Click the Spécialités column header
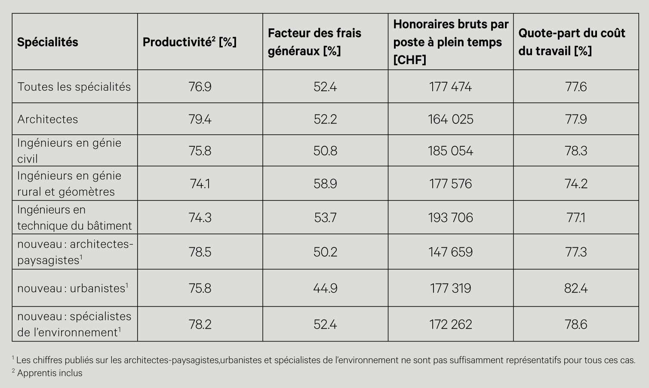[48, 42]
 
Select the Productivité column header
[190, 42]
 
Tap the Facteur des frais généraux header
[314, 42]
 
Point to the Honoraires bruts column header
[450, 42]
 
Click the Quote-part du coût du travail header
[572, 42]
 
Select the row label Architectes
[48, 119]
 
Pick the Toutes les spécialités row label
[74, 87]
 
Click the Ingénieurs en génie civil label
[69, 151]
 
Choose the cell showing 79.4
[200, 119]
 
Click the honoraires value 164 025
[450, 119]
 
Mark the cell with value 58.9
[325, 184]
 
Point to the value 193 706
[450, 218]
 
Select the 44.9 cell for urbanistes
[325, 288]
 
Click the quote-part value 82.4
[576, 288]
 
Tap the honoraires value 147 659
[450, 252]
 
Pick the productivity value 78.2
[200, 324]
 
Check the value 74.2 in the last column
[576, 184]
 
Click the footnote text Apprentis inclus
[50, 373]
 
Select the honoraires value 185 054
[450, 151]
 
